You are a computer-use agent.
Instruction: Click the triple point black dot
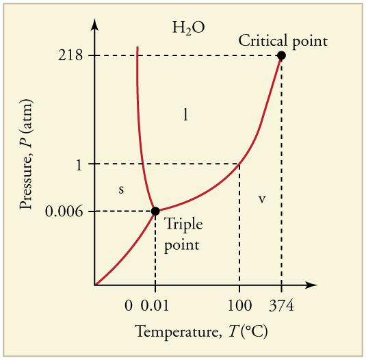click(155, 211)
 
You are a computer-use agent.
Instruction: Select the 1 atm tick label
click(79, 164)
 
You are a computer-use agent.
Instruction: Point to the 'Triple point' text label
click(182, 234)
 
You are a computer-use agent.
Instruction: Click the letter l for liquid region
click(186, 115)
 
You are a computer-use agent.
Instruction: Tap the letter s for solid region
click(121, 190)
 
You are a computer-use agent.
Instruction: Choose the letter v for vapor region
click(261, 199)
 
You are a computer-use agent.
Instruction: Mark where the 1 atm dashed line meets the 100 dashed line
click(239, 164)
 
